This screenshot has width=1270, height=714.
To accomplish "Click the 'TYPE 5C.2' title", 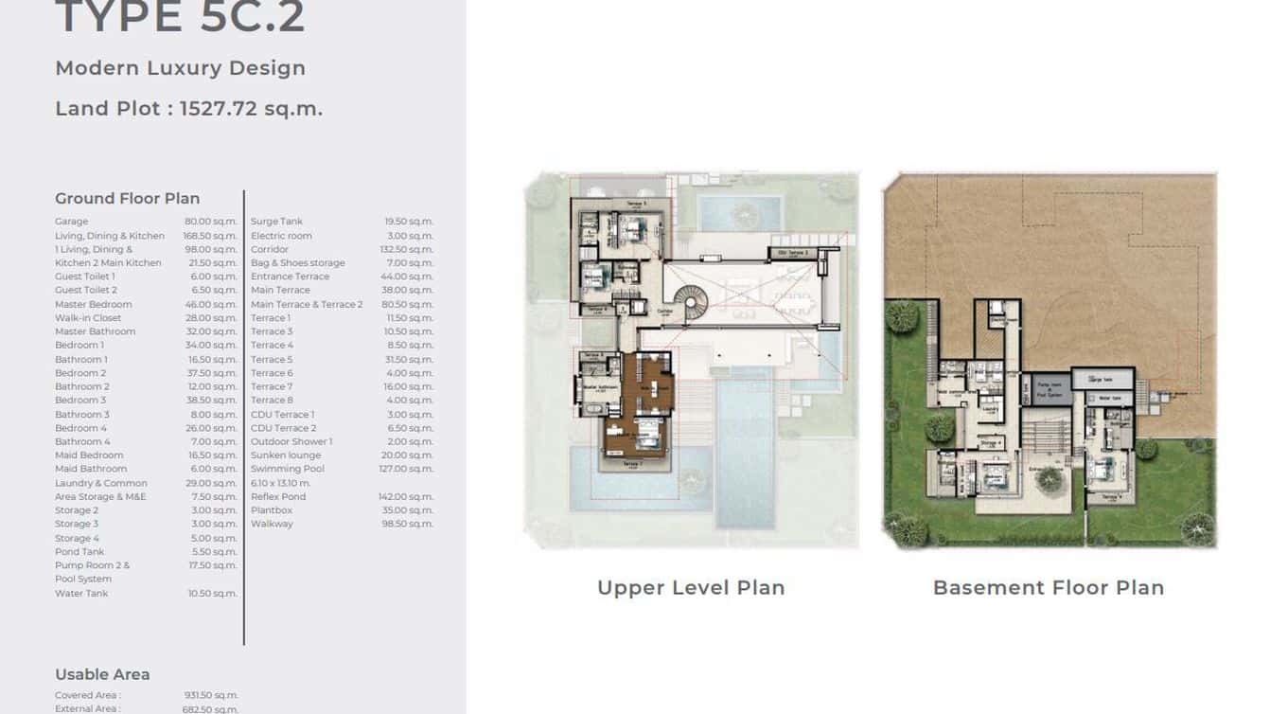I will click(x=180, y=18).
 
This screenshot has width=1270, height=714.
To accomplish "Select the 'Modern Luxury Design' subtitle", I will click(x=180, y=68).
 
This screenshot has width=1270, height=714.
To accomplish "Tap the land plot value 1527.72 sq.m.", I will click(x=251, y=109).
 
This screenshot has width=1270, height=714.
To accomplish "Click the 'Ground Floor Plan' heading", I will click(x=127, y=199).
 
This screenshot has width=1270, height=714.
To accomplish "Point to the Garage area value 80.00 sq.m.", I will click(x=210, y=222).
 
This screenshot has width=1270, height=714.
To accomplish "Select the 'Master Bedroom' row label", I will click(x=93, y=305).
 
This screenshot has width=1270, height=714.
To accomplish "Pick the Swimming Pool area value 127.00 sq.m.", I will click(x=408, y=469).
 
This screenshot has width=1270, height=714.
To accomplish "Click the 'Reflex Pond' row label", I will click(x=278, y=496).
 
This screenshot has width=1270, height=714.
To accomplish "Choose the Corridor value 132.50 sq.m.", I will click(x=406, y=249).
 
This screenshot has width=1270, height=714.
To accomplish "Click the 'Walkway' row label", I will click(x=272, y=524).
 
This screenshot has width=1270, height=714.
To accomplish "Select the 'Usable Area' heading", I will click(x=102, y=675).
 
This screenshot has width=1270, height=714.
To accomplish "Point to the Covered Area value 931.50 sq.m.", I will click(x=210, y=696).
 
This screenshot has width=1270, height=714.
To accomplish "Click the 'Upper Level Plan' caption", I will click(x=691, y=588).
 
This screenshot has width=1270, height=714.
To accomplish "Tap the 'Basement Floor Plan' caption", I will click(x=1048, y=588).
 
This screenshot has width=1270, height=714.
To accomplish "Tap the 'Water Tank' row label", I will click(x=81, y=594).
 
